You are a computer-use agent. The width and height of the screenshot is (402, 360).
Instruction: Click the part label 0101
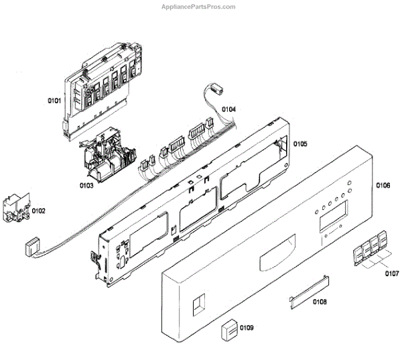pyautogui.click(x=54, y=101)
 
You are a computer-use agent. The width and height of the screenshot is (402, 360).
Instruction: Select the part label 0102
pyautogui.click(x=39, y=211)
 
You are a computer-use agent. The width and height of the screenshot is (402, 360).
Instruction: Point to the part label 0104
pyautogui.click(x=229, y=109)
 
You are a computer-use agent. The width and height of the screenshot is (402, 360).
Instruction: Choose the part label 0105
pyautogui.click(x=299, y=143)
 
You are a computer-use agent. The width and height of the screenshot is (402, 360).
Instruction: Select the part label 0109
pyautogui.click(x=247, y=328)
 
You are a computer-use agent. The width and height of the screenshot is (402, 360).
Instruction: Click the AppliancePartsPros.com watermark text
pyautogui.click(x=200, y=7)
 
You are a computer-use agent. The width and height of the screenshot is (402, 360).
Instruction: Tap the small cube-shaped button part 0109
pyautogui.click(x=230, y=330)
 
